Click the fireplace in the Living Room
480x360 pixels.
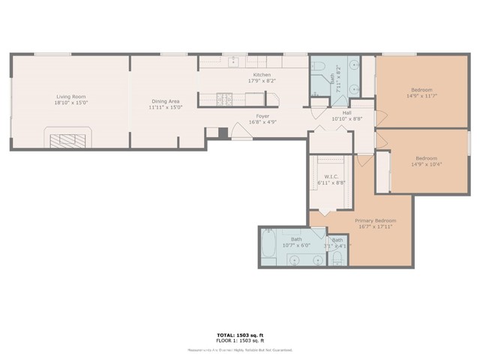68,138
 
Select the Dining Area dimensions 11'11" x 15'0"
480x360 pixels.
165,107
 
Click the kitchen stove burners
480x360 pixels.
224,97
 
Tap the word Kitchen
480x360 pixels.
261,74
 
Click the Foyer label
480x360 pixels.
262,115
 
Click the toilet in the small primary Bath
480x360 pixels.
337,259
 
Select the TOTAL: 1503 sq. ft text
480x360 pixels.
239,335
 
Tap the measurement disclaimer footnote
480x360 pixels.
239,348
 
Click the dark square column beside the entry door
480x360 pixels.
223,133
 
